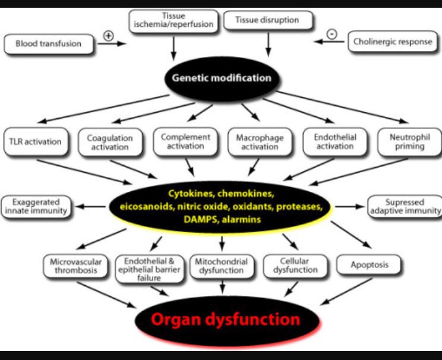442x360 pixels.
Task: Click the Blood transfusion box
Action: coord(49,43)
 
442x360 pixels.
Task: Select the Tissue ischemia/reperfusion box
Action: coord(173,21)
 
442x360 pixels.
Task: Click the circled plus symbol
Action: coord(109,35)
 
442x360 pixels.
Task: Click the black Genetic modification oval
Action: coord(221,78)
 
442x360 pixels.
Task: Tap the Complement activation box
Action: coord(185,141)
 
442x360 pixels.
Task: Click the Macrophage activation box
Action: coord(260,142)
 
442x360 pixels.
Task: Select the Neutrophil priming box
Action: coord(408,142)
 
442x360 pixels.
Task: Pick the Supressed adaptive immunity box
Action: coord(405,206)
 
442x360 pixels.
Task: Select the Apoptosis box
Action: coord(368,265)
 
